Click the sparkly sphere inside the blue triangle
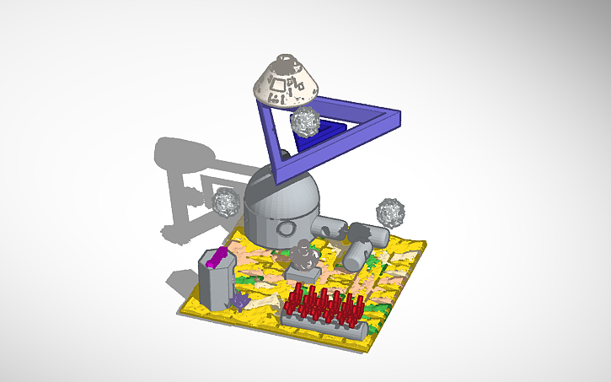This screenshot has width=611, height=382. pos(305,124)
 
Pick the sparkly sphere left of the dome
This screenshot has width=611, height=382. pos(225,202)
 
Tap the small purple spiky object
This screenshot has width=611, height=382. pos(241,300)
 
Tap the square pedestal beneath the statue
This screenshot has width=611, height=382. pos(303,273)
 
